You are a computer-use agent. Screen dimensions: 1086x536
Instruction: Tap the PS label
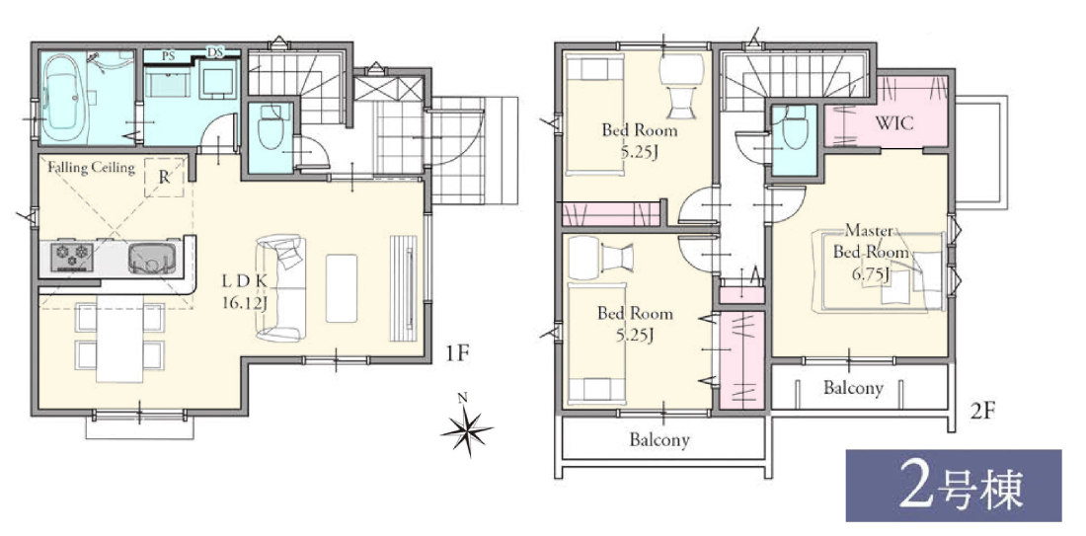point(168,56)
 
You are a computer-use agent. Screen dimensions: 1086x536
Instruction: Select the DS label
point(214,53)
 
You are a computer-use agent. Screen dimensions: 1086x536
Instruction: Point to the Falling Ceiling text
point(91,167)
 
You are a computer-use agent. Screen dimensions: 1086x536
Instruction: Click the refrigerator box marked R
point(164,177)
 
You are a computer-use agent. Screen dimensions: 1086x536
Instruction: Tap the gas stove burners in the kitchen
point(70,257)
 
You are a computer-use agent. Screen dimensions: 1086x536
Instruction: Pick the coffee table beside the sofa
point(342,287)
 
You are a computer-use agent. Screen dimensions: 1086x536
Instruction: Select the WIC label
point(894,124)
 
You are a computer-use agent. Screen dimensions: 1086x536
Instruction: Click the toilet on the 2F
point(794,131)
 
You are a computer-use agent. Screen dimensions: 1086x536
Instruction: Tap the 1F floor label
point(457,353)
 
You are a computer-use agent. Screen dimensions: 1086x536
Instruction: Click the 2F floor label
point(982,412)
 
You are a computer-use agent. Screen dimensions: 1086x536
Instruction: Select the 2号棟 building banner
point(954,486)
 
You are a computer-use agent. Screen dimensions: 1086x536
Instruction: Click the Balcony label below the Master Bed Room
point(853,387)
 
